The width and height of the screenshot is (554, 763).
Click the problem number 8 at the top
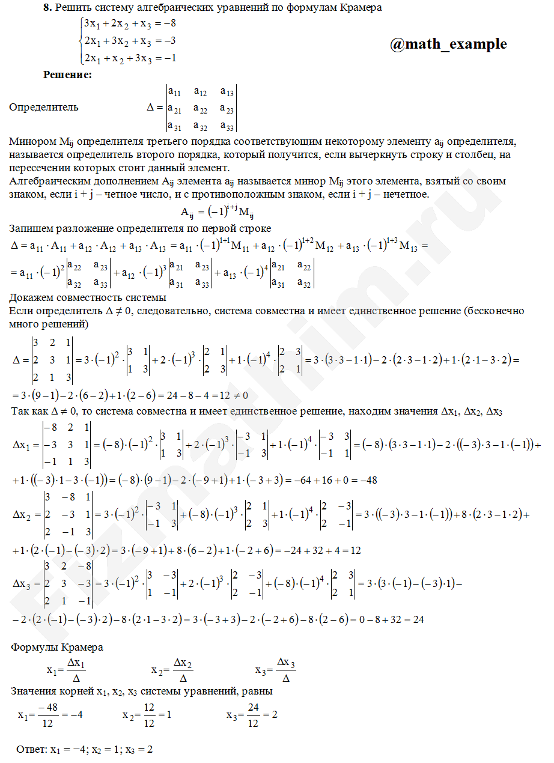(x=46, y=8)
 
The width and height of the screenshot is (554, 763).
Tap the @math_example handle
(x=448, y=44)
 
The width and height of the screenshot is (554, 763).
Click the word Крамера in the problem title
(x=361, y=8)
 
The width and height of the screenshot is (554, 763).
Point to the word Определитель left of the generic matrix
(x=44, y=108)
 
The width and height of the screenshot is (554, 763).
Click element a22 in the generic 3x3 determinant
(x=201, y=109)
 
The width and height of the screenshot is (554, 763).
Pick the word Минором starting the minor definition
(x=32, y=142)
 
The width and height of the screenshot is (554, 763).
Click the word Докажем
(x=30, y=298)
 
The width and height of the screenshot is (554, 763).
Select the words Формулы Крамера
(x=57, y=647)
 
